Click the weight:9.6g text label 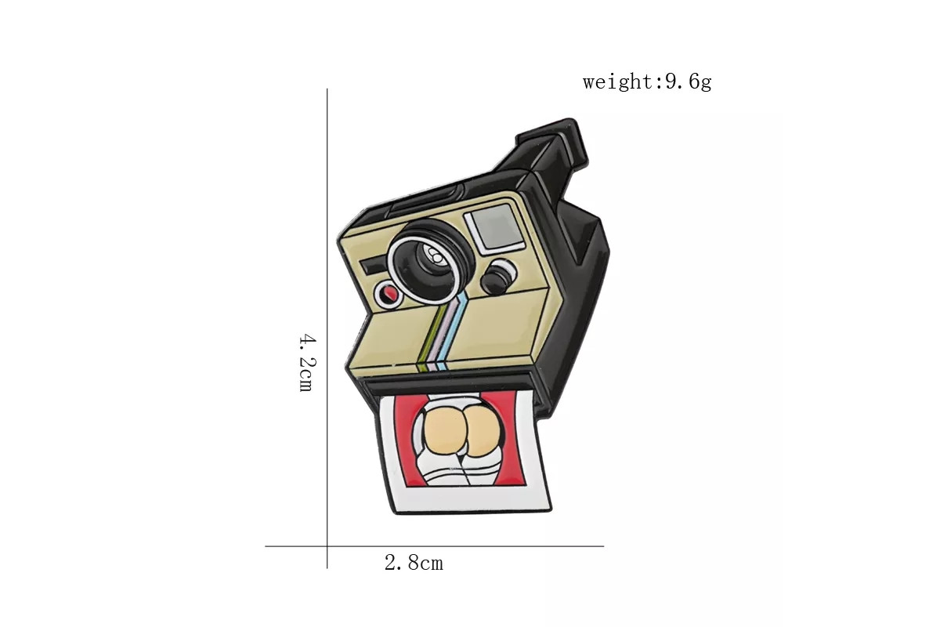tap(647, 82)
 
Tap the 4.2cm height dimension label tap(307, 363)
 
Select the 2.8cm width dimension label tap(414, 563)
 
